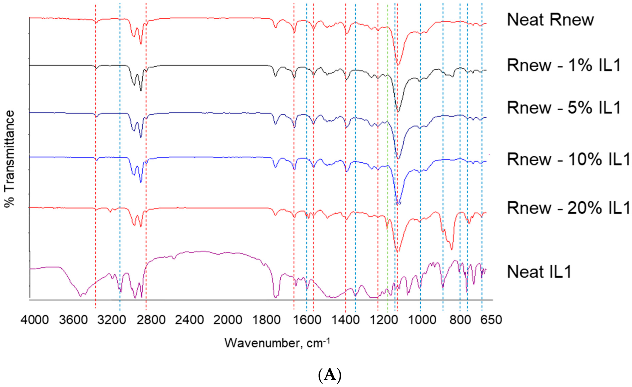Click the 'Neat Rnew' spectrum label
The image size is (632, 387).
(550, 20)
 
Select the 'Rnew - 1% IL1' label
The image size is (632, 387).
(564, 65)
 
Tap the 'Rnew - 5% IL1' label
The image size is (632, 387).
(564, 107)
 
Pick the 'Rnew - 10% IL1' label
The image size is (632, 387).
(568, 159)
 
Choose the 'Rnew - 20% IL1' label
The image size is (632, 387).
(568, 208)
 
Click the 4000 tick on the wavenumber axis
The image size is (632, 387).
(35, 320)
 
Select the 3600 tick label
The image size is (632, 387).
(73, 320)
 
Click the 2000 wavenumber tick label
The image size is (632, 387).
(228, 320)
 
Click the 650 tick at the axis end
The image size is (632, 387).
(490, 320)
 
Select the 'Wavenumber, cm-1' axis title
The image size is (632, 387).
(277, 343)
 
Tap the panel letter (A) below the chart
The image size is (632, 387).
(330, 375)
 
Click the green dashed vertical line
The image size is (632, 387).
(388, 154)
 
